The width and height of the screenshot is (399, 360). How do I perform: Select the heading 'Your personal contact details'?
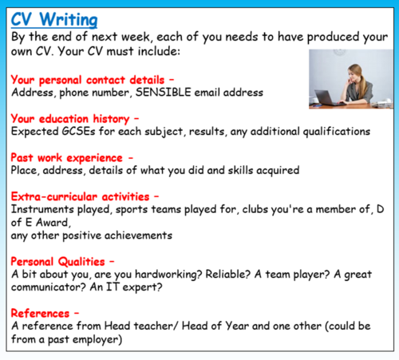pyautogui.click(x=89, y=79)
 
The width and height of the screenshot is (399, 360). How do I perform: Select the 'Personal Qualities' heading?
pyautogui.click(x=59, y=260)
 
